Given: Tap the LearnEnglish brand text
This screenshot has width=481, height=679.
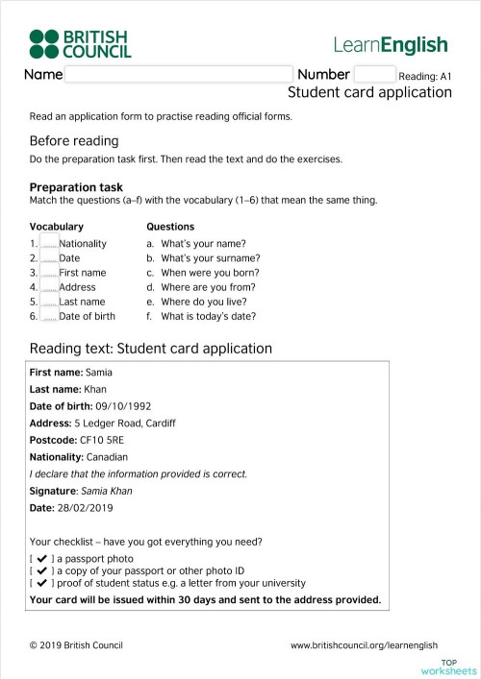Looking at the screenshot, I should click(391, 44).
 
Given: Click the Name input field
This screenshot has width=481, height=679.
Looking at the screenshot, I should click(178, 74).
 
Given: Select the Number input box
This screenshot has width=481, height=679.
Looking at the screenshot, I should click(374, 74).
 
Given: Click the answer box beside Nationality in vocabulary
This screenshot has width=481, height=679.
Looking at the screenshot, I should click(48, 243).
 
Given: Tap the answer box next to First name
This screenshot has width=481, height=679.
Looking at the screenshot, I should click(48, 272).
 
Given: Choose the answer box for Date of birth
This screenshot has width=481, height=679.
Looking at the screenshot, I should click(48, 315).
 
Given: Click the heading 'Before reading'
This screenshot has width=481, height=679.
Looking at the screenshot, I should click(74, 141).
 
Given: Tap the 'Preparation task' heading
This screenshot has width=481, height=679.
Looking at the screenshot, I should click(76, 187).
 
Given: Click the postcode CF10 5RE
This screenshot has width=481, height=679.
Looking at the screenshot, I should click(100, 440).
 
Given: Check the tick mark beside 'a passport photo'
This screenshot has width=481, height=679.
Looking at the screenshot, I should click(42, 558).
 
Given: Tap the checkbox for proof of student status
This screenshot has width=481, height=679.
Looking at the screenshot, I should click(42, 583).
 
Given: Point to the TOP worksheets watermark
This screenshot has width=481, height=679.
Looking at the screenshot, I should click(458, 667).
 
